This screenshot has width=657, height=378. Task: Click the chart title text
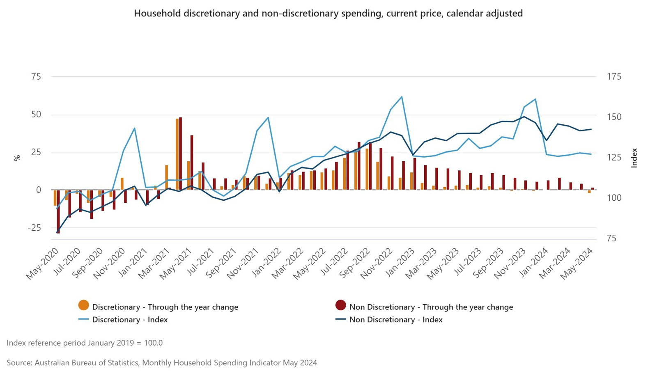tap(328, 14)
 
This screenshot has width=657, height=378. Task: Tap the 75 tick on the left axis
tap(36, 77)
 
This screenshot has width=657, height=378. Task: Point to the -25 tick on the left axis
tap(34, 228)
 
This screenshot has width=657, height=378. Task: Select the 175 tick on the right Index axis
tap(614, 77)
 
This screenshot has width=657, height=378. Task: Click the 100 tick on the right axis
tap(614, 198)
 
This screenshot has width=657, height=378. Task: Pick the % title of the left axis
tap(17, 158)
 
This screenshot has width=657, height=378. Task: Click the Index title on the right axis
tap(634, 158)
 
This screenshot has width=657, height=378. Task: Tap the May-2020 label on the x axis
tap(43, 263)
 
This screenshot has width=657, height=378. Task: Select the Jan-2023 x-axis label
tap(400, 263)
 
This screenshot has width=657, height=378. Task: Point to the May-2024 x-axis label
tap(577, 263)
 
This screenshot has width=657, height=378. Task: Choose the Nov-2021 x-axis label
tap(243, 263)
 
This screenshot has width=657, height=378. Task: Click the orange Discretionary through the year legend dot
tap(84, 305)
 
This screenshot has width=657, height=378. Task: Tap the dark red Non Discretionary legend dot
tap(341, 305)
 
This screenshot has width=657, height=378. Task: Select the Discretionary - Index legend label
tap(130, 320)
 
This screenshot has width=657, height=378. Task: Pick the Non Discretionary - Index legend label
tap(396, 320)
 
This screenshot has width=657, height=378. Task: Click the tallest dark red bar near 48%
tap(180, 153)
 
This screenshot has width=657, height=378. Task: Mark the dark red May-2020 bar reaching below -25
tap(58, 211)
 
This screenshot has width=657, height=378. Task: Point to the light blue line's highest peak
tap(402, 97)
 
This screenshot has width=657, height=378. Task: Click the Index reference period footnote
tap(85, 343)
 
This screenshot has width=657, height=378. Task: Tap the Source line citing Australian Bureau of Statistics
tap(162, 363)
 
